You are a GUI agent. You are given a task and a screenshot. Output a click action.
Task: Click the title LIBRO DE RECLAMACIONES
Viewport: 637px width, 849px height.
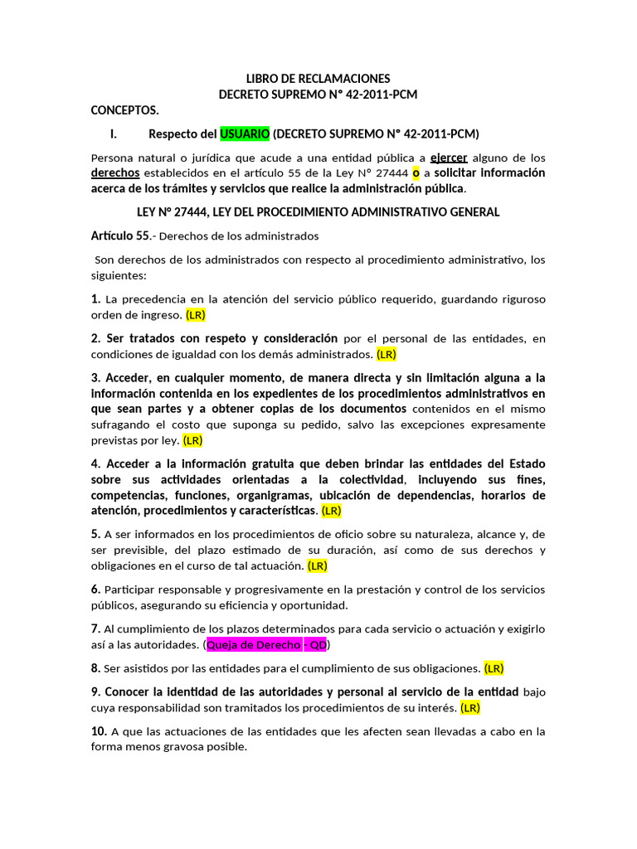(318, 79)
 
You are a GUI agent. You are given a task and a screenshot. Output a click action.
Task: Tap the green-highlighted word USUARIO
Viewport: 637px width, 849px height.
(245, 133)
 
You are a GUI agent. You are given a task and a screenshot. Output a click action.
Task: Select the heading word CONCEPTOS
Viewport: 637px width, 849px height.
(124, 110)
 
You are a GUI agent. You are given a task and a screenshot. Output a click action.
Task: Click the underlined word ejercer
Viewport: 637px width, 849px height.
(449, 158)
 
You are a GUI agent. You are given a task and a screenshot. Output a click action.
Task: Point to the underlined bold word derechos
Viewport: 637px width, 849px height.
(115, 173)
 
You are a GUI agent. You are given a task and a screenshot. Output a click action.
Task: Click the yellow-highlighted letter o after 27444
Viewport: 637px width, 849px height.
(416, 173)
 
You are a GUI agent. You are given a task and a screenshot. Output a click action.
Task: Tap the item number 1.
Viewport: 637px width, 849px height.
(95, 298)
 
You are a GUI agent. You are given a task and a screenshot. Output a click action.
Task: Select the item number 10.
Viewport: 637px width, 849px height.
(99, 731)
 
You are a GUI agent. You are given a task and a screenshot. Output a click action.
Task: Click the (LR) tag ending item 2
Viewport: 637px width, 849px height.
(387, 354)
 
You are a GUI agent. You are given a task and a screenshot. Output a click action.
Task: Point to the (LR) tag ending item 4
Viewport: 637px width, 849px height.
(331, 511)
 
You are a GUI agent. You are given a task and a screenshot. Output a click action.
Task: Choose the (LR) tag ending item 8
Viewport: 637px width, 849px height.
(494, 668)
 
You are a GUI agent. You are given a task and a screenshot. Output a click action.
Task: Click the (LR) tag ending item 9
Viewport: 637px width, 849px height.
(470, 707)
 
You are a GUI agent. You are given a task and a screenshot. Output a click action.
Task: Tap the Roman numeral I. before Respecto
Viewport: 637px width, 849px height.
(115, 133)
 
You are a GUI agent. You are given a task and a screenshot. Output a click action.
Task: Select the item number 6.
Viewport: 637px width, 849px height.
(95, 589)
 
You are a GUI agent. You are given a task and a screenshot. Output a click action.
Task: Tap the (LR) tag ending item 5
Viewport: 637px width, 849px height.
(318, 566)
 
